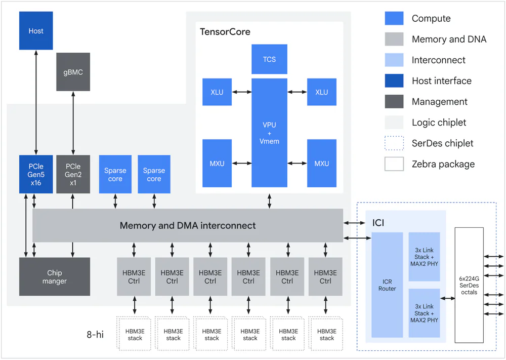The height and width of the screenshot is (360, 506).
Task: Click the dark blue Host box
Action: pyautogui.click(x=36, y=31)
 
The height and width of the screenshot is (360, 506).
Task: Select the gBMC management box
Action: pyautogui.click(x=73, y=72)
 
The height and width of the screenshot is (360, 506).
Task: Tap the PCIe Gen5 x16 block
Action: pyautogui.click(x=36, y=174)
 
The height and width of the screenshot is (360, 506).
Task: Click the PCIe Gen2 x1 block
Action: pyautogui.click(x=73, y=174)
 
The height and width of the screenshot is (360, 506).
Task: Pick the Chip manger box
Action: pyautogui.click(x=55, y=276)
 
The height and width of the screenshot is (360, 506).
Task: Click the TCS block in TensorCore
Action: pyautogui.click(x=269, y=59)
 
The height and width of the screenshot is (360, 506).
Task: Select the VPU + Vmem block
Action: pyautogui.click(x=269, y=133)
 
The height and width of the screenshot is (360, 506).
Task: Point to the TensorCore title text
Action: pyautogui.click(x=225, y=32)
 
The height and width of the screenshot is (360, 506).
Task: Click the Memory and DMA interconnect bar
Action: pyautogui.click(x=188, y=225)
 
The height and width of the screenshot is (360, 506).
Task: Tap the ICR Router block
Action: pyautogui.click(x=387, y=285)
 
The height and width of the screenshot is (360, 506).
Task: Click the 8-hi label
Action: pyautogui.click(x=95, y=334)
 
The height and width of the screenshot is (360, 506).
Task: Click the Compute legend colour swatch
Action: pyautogui.click(x=394, y=19)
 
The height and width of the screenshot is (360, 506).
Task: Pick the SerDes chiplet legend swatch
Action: pyautogui.click(x=394, y=143)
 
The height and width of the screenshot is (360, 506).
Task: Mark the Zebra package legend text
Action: pyautogui.click(x=443, y=164)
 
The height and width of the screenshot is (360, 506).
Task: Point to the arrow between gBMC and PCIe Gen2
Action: pyautogui.click(x=73, y=123)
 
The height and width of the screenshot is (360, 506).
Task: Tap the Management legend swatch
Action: pyautogui.click(x=394, y=102)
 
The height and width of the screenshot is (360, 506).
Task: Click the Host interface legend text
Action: pyautogui.click(x=441, y=81)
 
